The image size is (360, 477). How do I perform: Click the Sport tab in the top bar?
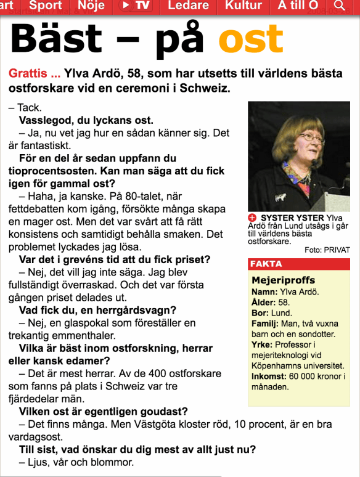(x=46, y=6)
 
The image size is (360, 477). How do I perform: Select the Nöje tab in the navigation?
(x=90, y=6)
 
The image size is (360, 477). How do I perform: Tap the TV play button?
(x=134, y=6)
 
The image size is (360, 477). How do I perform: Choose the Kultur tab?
(x=243, y=6)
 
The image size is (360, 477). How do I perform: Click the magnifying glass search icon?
(x=339, y=6)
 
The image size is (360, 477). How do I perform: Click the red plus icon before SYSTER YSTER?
(x=253, y=218)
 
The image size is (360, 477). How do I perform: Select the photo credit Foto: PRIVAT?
(x=327, y=250)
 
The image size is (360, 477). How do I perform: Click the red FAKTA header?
(x=266, y=264)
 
